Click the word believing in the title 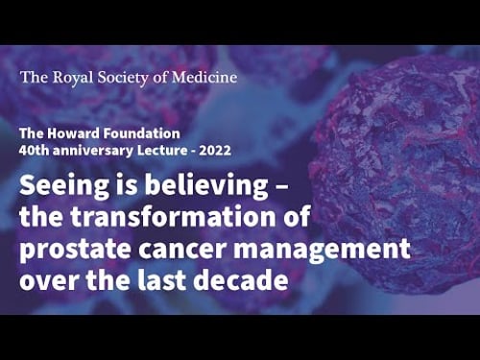coord(191,185)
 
